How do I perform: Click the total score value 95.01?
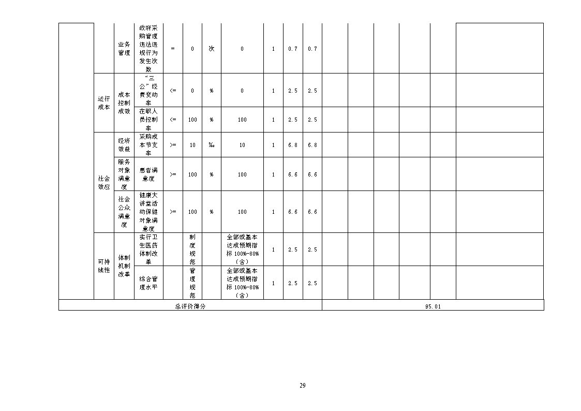click(x=433, y=306)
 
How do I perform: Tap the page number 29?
click(x=302, y=386)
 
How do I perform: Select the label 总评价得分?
click(x=190, y=306)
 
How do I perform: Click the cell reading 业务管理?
click(x=124, y=49)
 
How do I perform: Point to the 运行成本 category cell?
click(x=104, y=103)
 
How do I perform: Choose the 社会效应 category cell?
click(x=104, y=183)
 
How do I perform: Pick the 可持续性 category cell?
click(x=104, y=266)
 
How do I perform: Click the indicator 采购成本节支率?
click(x=148, y=145)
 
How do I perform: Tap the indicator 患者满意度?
click(x=148, y=174)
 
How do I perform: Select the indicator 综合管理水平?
click(x=148, y=283)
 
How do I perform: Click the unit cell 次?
click(x=211, y=49)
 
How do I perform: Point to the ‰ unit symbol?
click(x=211, y=145)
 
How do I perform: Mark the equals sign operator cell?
click(x=173, y=49)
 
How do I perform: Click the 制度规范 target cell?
click(x=192, y=249)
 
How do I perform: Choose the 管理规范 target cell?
click(x=192, y=283)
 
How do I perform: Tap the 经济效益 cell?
click(x=124, y=145)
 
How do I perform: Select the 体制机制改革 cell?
click(x=124, y=266)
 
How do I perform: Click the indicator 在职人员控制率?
click(x=148, y=120)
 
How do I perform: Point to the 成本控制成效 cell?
click(x=124, y=103)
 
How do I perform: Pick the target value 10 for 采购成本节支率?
click(x=192, y=145)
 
